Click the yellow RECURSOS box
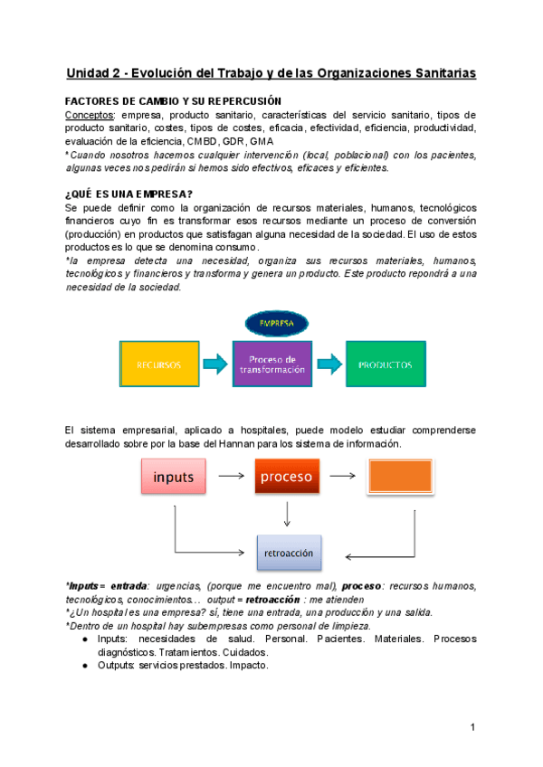point(158,365)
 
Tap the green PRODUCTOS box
point(386,365)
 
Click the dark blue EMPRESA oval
point(276,322)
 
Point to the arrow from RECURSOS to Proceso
point(215,365)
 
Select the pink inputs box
point(173,476)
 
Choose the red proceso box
point(286,476)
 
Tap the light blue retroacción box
point(287,552)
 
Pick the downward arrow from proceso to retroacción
point(287,514)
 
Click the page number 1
point(472,728)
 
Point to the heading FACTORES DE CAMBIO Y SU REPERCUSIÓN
point(173,100)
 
